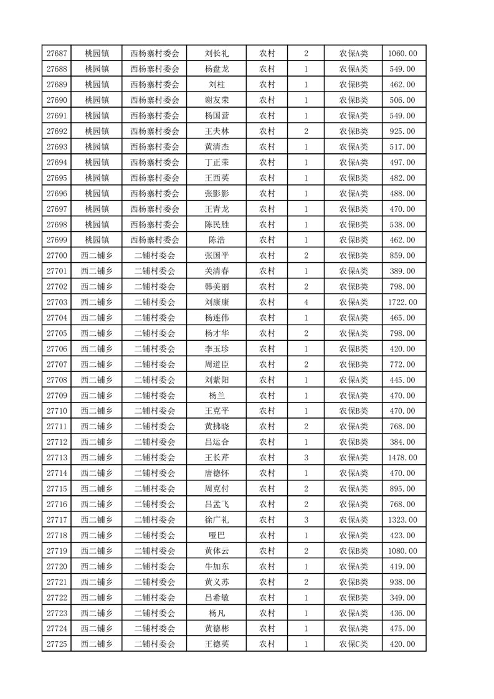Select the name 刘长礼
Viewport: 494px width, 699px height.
[216, 54]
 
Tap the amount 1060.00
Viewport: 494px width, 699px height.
[404, 54]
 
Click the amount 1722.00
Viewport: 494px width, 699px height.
[404, 302]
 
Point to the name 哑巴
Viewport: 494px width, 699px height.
[216, 535]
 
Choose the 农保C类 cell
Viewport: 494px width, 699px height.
[353, 644]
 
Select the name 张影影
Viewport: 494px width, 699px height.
[216, 194]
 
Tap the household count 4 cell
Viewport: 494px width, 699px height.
[306, 302]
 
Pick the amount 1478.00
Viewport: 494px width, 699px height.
[404, 457]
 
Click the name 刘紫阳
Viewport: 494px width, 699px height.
[216, 380]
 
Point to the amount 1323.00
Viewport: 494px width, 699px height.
[404, 520]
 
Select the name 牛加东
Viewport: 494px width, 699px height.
[216, 566]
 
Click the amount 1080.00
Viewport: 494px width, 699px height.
[404, 551]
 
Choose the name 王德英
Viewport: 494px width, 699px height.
[216, 644]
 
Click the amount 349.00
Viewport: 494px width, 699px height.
[404, 597]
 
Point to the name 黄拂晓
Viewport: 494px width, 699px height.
[216, 427]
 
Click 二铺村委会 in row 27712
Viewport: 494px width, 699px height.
[155, 442]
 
